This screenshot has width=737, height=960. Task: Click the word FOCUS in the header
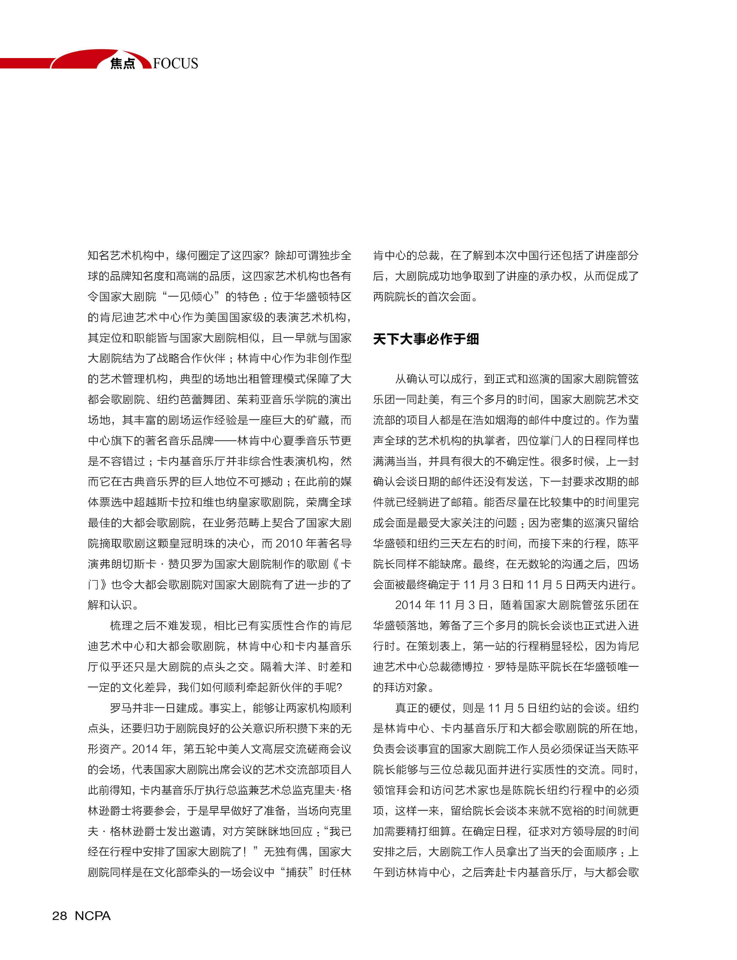(176, 63)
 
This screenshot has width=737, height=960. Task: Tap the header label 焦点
(122, 64)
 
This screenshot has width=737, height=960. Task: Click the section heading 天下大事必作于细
(426, 339)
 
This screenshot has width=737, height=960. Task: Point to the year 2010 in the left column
(289, 544)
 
